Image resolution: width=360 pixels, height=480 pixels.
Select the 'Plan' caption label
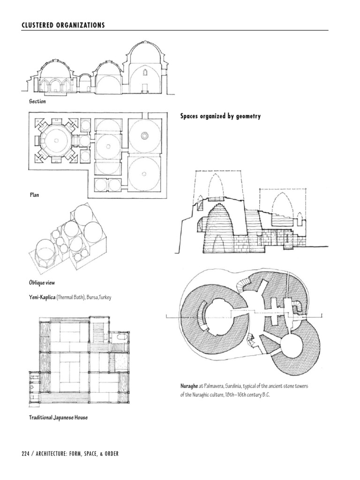point(32,195)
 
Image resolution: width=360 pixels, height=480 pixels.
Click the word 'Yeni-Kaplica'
point(42,298)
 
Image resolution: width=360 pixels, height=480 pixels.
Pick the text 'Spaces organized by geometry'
point(220,116)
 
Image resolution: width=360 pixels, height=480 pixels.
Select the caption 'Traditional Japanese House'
point(59,417)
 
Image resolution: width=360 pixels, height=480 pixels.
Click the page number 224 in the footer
point(27,454)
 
